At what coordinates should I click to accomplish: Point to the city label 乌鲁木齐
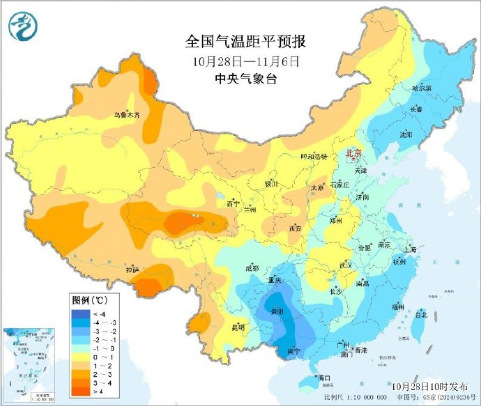[x=128, y=115]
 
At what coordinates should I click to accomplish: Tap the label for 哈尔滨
[x=422, y=88]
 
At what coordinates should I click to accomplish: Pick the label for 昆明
[x=238, y=327]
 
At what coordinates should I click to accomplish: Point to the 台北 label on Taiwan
[x=421, y=315]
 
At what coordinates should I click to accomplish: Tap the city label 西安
[x=295, y=228]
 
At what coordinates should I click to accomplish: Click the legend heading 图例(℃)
[x=89, y=300]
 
